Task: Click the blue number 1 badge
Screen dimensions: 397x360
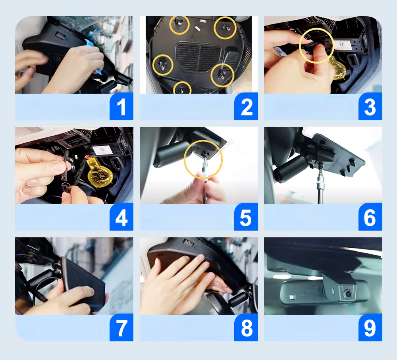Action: pos(121,106)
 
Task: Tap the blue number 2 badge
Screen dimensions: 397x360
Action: pos(246,106)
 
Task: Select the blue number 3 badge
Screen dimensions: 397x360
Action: pos(370,106)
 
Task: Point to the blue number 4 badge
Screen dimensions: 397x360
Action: pos(121,217)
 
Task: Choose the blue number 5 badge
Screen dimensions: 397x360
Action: pos(246,217)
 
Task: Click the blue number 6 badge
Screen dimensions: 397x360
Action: pos(370,217)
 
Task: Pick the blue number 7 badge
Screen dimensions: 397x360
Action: pos(121,327)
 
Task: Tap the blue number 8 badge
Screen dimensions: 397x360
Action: pos(246,327)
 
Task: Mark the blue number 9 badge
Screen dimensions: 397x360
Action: pos(370,327)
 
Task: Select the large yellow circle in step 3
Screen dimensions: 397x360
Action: pos(300,46)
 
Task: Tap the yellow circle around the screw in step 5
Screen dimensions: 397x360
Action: pos(185,159)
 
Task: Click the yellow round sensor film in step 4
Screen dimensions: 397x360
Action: pos(100,175)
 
